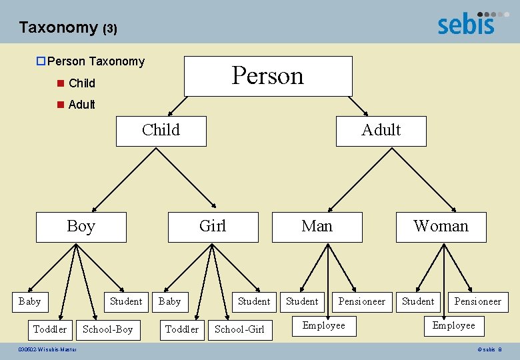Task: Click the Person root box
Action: click(268, 76)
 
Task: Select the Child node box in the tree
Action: click(161, 131)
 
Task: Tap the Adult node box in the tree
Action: click(381, 131)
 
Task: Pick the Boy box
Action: click(81, 227)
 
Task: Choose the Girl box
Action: click(213, 227)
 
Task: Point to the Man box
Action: click(317, 227)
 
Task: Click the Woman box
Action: click(441, 227)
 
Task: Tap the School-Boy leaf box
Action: click(107, 329)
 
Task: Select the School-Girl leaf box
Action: click(239, 329)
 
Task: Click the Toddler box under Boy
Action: click(50, 329)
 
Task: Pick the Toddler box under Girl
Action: click(182, 329)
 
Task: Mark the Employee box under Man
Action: click(324, 325)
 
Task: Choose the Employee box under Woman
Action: click(454, 325)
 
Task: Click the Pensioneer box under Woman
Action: click(477, 301)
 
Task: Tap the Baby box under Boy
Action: click(29, 301)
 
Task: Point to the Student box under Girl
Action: click(254, 301)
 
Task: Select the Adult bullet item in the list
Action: click(81, 105)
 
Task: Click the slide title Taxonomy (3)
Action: click(68, 27)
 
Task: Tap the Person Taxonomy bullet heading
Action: click(96, 61)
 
